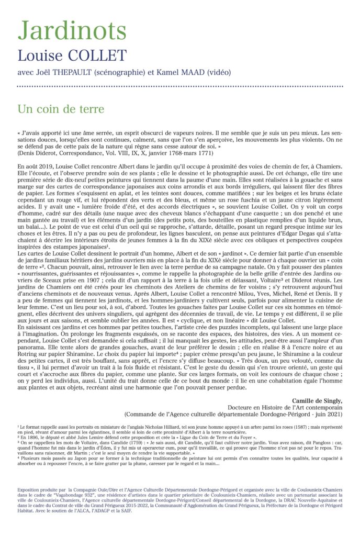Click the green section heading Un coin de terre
click(61, 109)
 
